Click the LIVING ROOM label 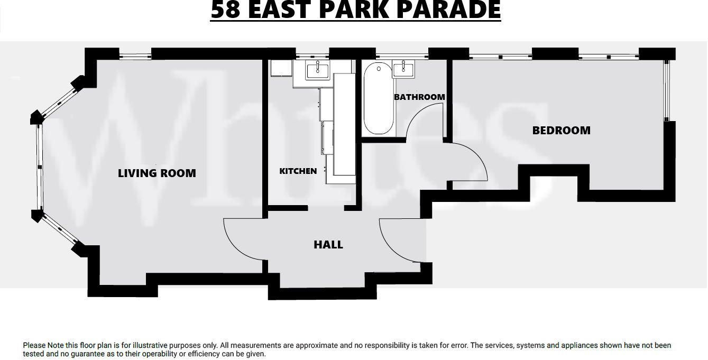pyautogui.click(x=157, y=173)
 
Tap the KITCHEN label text pyautogui.click(x=298, y=171)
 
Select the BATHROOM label pyautogui.click(x=419, y=97)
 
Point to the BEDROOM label pyautogui.click(x=561, y=130)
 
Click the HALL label pyautogui.click(x=328, y=244)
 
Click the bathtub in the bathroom pyautogui.click(x=379, y=99)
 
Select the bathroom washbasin pyautogui.click(x=403, y=69)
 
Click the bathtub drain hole pyautogui.click(x=379, y=69)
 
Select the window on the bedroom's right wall pyautogui.click(x=667, y=90)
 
